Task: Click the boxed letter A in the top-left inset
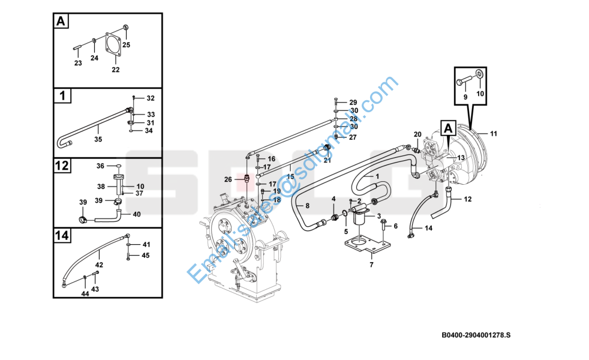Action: [61, 22]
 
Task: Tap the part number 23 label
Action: [78, 63]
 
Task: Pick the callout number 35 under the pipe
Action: [98, 139]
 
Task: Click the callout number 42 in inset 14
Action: [100, 264]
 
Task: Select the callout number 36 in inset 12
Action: [101, 166]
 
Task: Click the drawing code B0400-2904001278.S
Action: [476, 334]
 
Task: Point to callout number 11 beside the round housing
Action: [494, 133]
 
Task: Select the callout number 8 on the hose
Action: [307, 206]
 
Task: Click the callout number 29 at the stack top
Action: [353, 102]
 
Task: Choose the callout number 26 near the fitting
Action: [228, 179]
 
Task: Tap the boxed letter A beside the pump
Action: [448, 127]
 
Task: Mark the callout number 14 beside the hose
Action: [428, 228]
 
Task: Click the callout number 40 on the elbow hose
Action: [137, 214]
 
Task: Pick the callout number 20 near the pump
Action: [418, 134]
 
